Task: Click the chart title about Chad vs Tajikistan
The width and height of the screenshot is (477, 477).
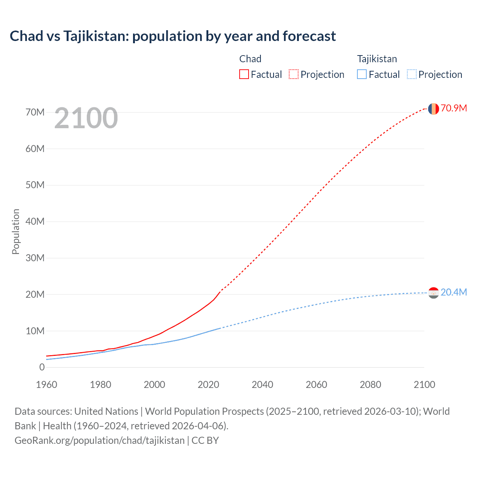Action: coord(173,36)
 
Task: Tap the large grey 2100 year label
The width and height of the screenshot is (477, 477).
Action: coord(86,118)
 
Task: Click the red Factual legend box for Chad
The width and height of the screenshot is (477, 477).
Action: coord(244,74)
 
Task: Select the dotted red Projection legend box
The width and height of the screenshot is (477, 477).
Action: coord(294,74)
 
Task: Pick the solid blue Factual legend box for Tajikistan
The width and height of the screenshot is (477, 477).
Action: coord(361,74)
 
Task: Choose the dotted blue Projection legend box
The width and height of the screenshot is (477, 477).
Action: coord(411,74)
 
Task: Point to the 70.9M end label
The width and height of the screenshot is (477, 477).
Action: coord(454,108)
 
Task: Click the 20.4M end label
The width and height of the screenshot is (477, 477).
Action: coord(454,292)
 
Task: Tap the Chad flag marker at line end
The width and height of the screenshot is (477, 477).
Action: coord(433,109)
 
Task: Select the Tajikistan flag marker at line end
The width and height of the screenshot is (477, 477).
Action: coord(433,293)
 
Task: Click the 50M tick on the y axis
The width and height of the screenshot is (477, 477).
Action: coord(35,185)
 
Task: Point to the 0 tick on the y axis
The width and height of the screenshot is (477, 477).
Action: coord(42,367)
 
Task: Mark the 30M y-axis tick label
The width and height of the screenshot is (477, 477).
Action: coord(35,258)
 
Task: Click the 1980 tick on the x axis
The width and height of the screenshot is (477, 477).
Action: coord(101,385)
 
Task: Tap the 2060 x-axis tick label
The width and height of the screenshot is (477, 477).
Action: coord(316,385)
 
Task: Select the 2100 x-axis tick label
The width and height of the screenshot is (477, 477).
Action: coord(424,385)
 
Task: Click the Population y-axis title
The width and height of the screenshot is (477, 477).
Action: coord(16,231)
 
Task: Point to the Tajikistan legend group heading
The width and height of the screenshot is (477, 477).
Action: coord(377,59)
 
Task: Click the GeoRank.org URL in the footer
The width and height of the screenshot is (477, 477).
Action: coord(99,440)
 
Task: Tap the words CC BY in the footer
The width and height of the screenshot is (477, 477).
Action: coord(205,440)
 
